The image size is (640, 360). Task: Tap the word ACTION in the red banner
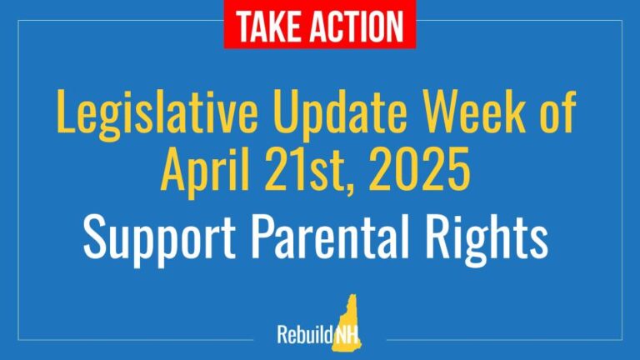(357, 26)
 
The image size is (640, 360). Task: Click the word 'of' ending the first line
(558, 110)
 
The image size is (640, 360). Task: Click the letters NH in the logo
(347, 335)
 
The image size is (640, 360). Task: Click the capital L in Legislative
(66, 111)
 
